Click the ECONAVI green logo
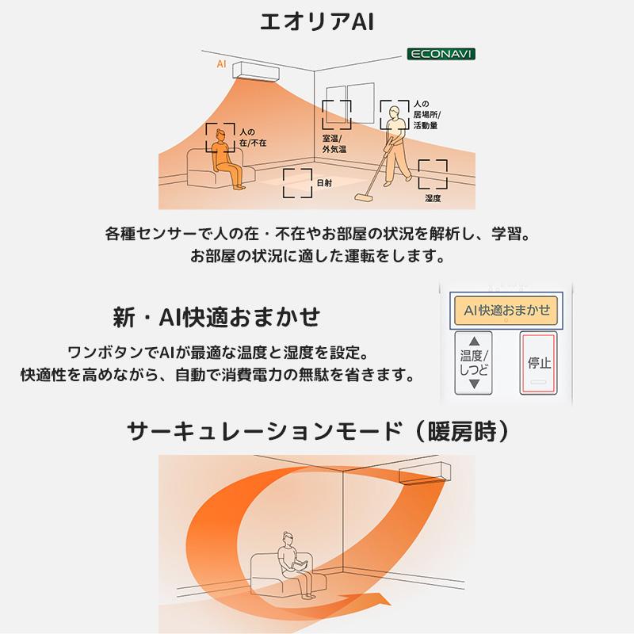[441, 55]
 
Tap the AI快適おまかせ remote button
[506, 311]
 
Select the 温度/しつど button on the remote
[475, 363]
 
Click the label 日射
[324, 183]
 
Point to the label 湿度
[433, 198]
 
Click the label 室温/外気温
[334, 143]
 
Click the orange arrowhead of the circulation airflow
[381, 596]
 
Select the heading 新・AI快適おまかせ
[216, 317]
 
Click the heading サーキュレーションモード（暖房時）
[317, 431]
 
